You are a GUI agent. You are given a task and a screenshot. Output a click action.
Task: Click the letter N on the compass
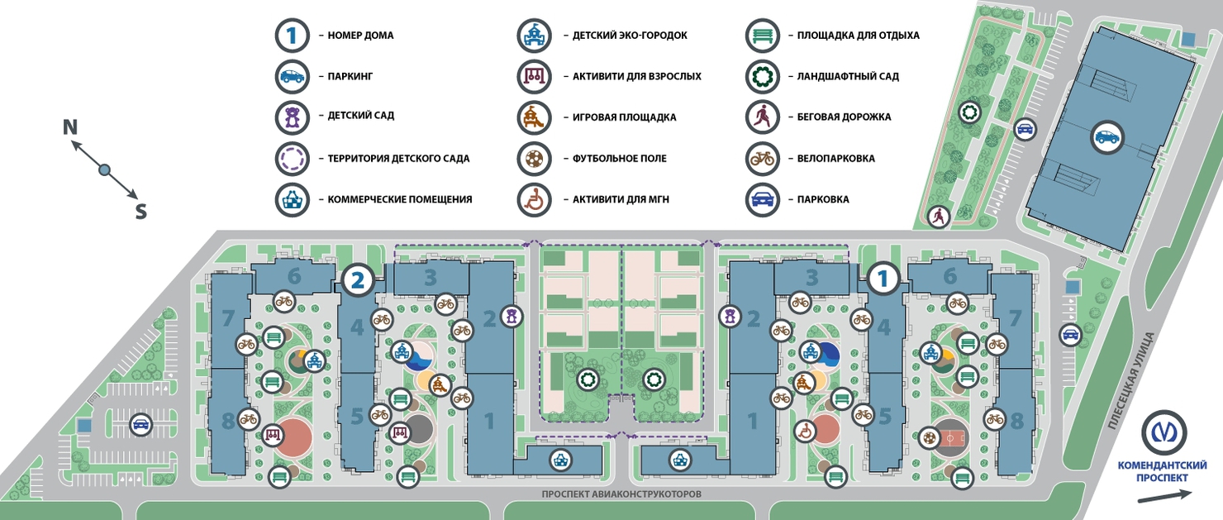click(x=70, y=127)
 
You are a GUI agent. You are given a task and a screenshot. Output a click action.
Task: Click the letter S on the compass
click(x=140, y=211)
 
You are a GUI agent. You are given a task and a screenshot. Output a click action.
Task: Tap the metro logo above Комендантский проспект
click(x=1164, y=432)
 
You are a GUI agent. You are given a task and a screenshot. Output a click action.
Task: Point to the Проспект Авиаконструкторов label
click(x=621, y=494)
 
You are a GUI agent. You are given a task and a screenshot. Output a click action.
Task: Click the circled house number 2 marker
click(x=357, y=279)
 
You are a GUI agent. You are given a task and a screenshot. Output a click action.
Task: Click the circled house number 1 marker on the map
click(x=883, y=279)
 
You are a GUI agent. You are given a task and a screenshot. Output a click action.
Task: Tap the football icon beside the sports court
click(x=930, y=437)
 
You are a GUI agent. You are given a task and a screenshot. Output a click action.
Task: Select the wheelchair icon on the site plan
click(x=804, y=432)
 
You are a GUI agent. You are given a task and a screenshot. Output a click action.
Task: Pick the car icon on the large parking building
click(x=1106, y=137)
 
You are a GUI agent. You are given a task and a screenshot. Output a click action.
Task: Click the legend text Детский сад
click(x=361, y=116)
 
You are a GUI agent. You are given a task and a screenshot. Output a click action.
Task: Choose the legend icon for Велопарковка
click(x=762, y=159)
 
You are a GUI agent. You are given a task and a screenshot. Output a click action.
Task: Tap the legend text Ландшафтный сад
click(x=848, y=76)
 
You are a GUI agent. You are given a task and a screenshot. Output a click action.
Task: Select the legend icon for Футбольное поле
click(x=534, y=159)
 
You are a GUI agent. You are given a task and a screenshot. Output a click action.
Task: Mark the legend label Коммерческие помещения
click(x=400, y=199)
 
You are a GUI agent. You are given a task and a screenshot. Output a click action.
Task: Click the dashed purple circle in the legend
click(x=292, y=159)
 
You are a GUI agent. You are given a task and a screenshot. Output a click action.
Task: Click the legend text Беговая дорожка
click(x=844, y=117)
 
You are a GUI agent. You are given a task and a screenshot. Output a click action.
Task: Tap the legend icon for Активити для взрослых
click(x=534, y=76)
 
